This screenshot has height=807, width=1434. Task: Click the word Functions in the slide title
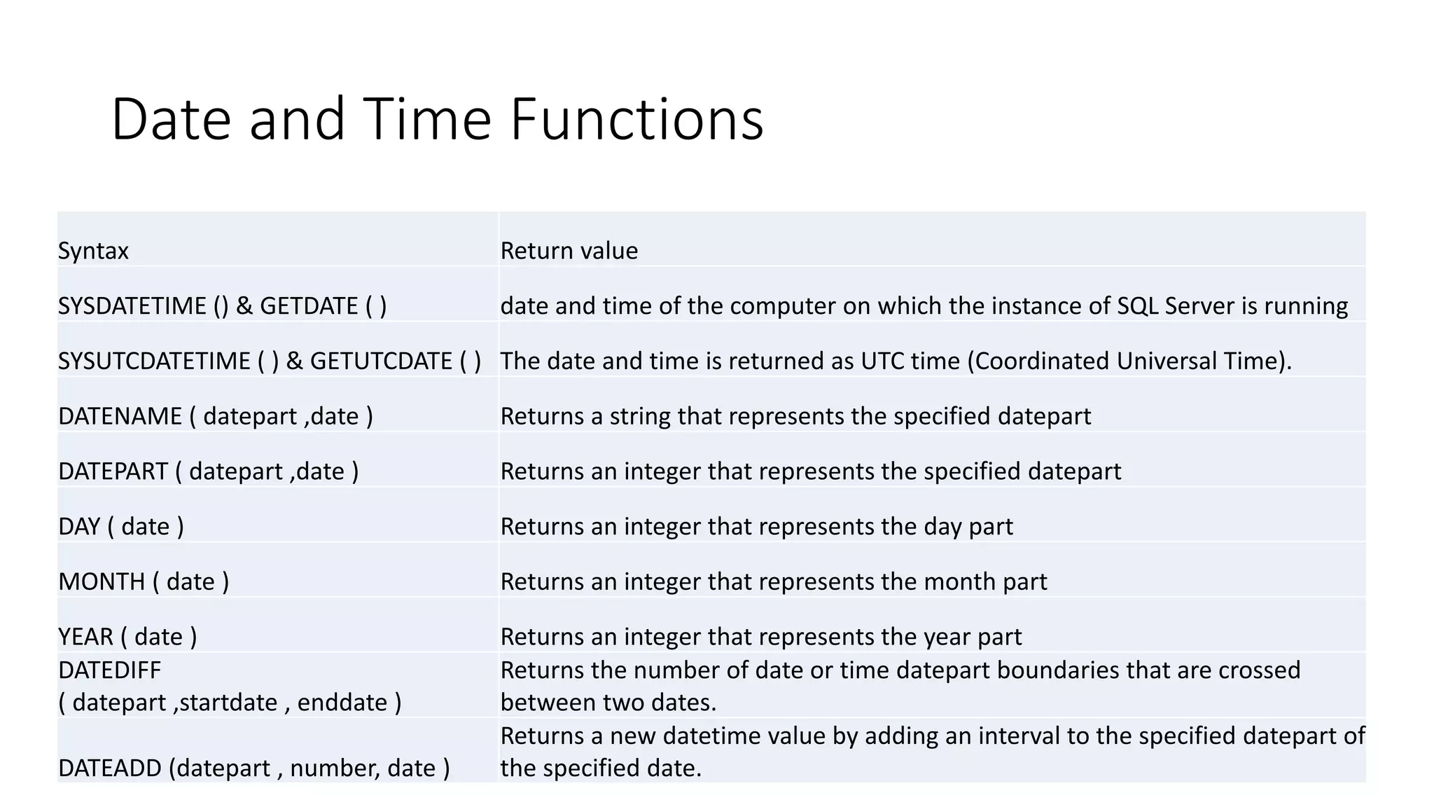(x=636, y=119)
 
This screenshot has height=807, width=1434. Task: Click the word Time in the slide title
(x=427, y=119)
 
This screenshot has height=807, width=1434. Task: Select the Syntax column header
(x=93, y=251)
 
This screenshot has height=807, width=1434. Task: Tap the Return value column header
(x=569, y=251)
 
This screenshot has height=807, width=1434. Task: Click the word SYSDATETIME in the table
(x=132, y=306)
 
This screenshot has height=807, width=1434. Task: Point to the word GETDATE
(x=309, y=306)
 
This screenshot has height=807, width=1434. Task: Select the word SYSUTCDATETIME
(x=154, y=361)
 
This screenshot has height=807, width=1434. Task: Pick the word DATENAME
(x=120, y=417)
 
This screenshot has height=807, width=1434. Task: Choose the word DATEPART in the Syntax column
(x=113, y=471)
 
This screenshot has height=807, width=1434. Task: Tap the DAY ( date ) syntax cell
(x=121, y=527)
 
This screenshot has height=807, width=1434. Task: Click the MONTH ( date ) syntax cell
(x=144, y=582)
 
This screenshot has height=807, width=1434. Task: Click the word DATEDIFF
(x=110, y=670)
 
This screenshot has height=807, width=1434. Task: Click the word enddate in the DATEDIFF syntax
(x=342, y=703)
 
